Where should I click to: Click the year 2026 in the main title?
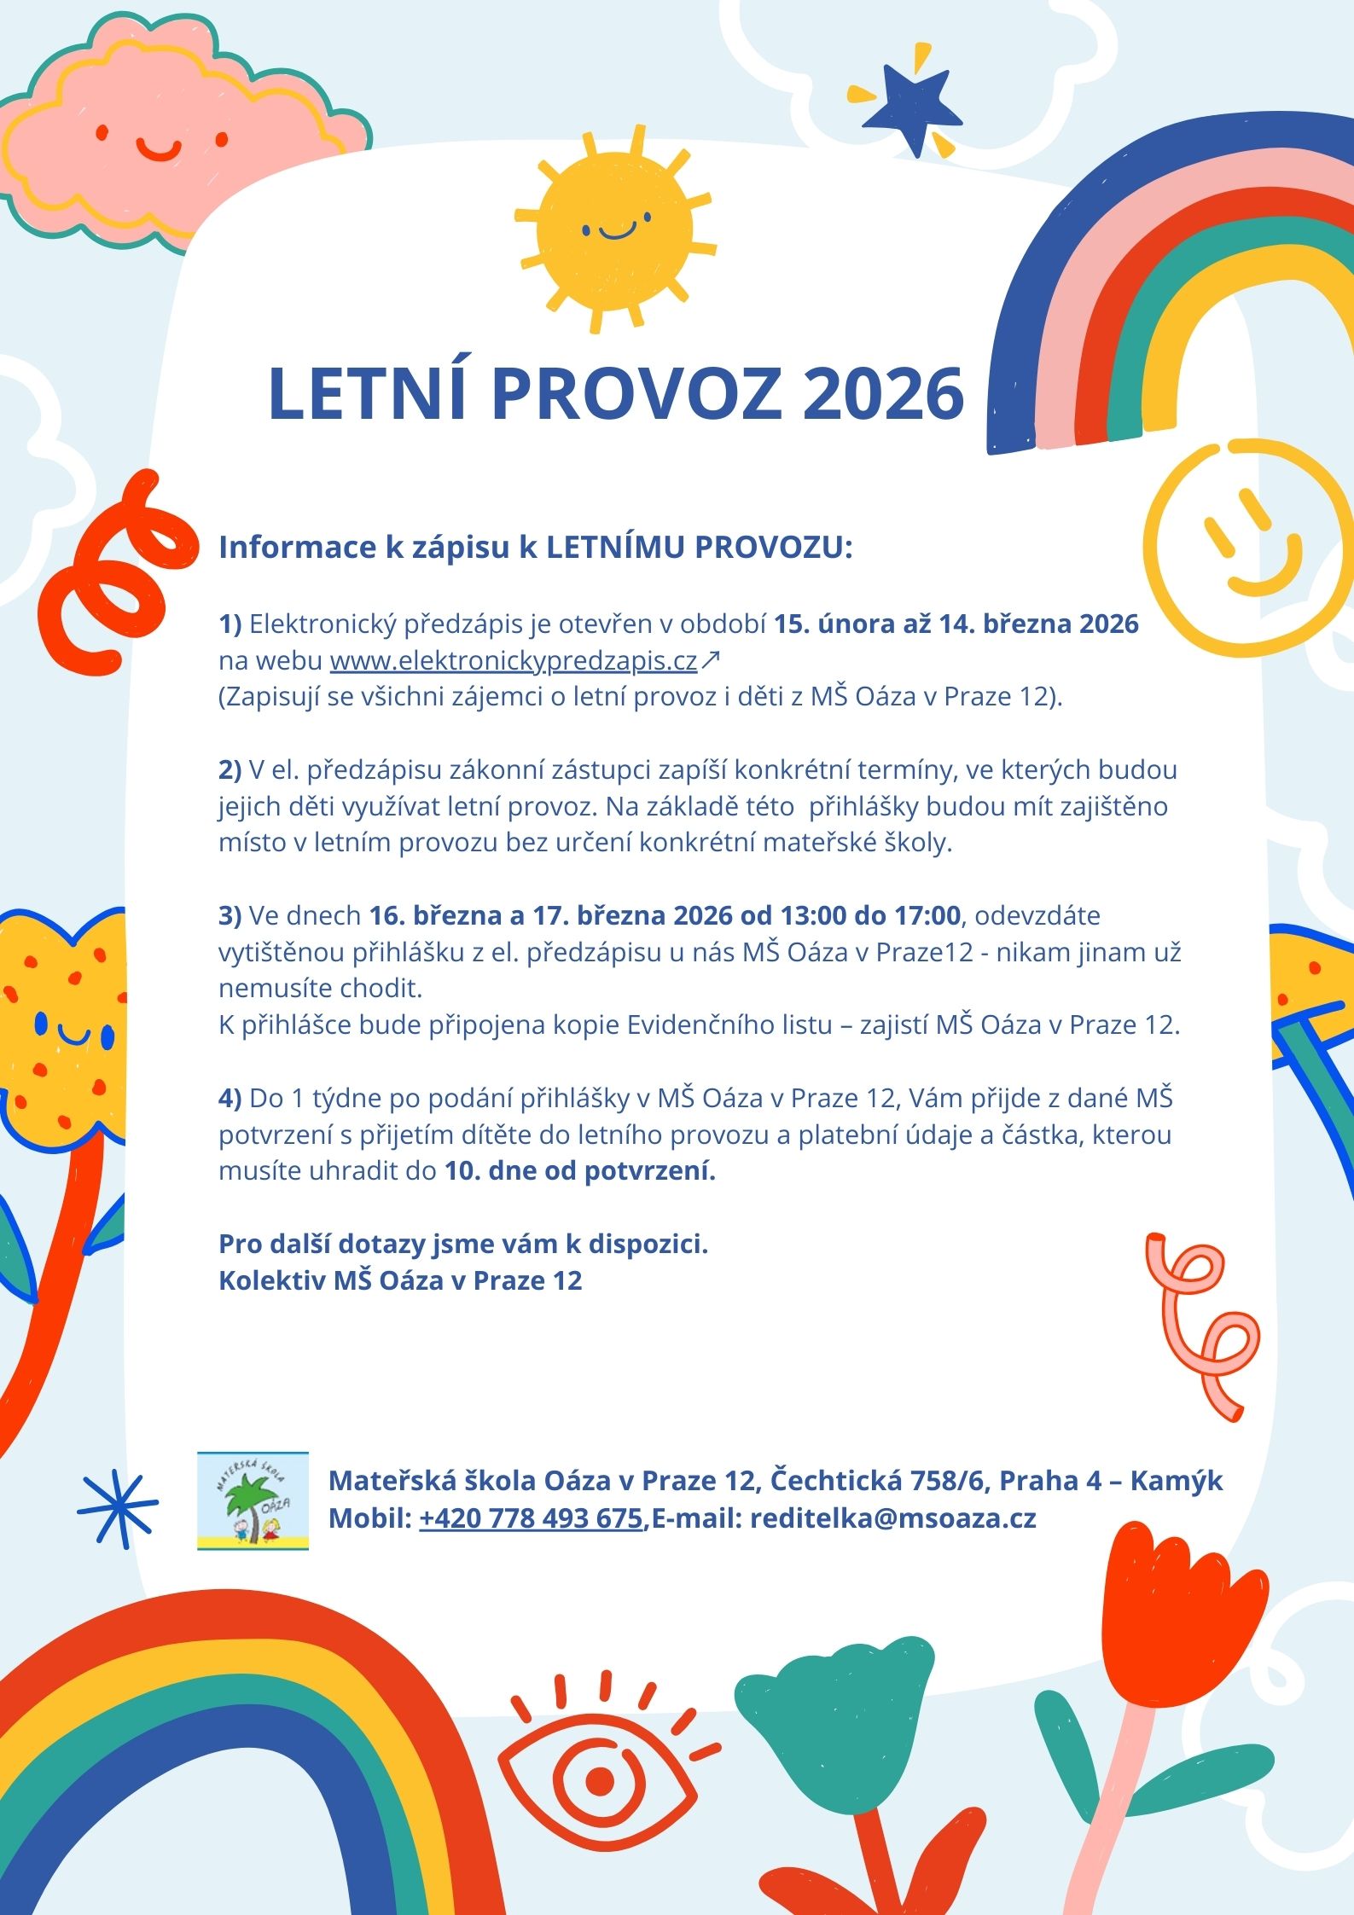pos(883,394)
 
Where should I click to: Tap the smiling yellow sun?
pos(615,229)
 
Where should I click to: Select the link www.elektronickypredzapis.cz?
pos(514,661)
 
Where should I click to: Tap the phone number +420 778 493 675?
pos(531,1517)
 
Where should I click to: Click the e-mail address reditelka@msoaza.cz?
pos(892,1517)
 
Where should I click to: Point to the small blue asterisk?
pos(118,1508)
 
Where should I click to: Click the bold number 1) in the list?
pos(230,624)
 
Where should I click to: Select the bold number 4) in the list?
pos(230,1099)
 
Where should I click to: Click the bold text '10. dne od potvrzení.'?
pos(579,1171)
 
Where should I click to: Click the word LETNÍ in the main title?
pos(368,394)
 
